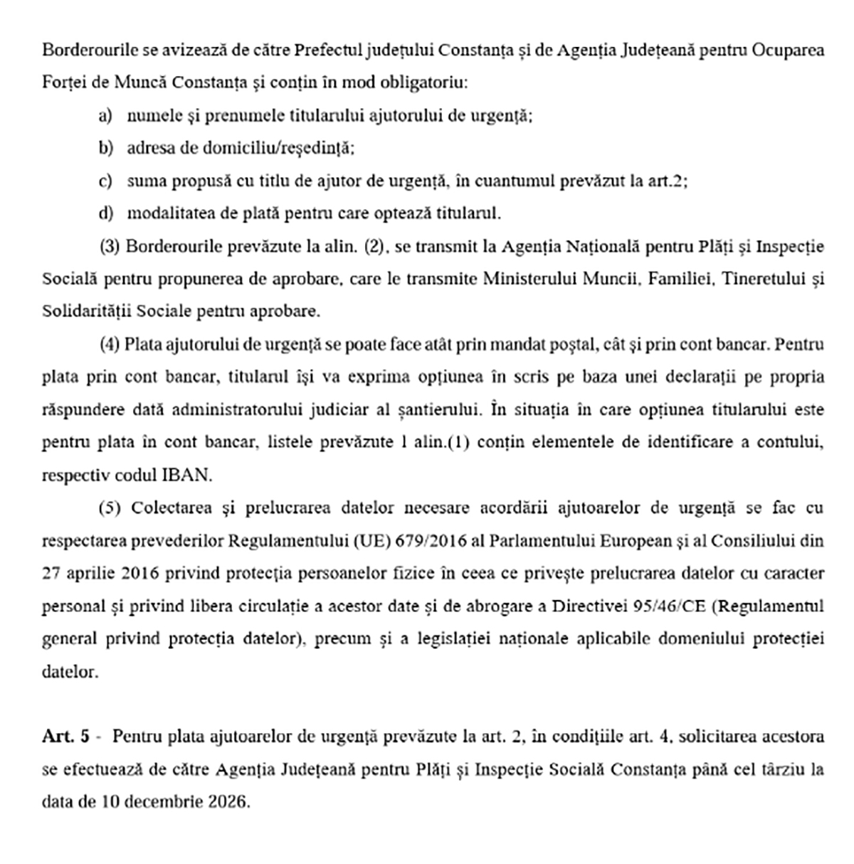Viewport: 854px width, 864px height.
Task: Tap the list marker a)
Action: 105,116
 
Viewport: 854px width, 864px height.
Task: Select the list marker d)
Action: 105,214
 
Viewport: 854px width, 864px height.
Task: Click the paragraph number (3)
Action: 109,247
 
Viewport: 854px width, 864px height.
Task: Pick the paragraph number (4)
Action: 109,345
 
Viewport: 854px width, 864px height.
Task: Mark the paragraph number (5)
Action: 109,508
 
